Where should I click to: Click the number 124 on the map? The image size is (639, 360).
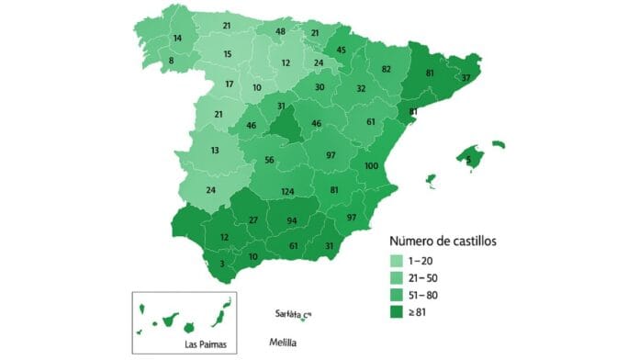[x=288, y=191]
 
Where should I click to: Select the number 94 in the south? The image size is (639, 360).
[x=292, y=221]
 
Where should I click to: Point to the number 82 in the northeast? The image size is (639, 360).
[x=387, y=69]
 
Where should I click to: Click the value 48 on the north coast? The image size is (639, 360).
[x=281, y=32]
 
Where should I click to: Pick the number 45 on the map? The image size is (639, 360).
[x=342, y=50]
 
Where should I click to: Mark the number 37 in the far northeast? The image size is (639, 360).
[x=467, y=77]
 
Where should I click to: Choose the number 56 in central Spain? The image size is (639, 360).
[x=270, y=160]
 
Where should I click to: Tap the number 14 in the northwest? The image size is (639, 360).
[x=177, y=39]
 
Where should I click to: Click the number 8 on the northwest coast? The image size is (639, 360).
[x=171, y=62]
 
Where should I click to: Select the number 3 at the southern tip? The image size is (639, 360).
[x=220, y=264]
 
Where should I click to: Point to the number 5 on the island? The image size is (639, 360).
[x=468, y=159]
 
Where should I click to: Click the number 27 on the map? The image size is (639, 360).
[x=253, y=220]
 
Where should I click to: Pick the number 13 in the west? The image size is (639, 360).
[x=214, y=150]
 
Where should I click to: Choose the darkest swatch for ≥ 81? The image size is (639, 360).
[x=398, y=313]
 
